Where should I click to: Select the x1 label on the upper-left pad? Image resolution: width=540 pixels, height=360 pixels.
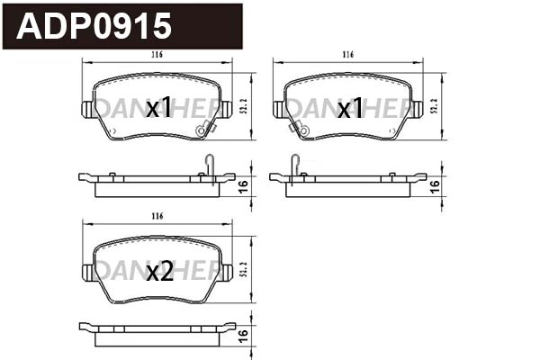(158, 109)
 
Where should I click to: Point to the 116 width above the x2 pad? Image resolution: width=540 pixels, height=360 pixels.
(157, 217)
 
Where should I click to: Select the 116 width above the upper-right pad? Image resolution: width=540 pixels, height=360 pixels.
(347, 55)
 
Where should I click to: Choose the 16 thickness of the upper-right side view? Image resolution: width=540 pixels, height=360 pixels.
(435, 185)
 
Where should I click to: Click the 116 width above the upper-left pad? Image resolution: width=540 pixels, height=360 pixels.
(157, 55)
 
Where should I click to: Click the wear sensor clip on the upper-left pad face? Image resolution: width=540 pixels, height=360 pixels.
(206, 128)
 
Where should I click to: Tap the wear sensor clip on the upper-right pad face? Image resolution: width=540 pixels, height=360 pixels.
(298, 129)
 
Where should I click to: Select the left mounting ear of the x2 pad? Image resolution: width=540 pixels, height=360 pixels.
(87, 271)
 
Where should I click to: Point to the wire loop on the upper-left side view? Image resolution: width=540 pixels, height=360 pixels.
(209, 165)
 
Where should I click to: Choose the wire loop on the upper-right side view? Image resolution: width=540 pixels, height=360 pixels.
(294, 165)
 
